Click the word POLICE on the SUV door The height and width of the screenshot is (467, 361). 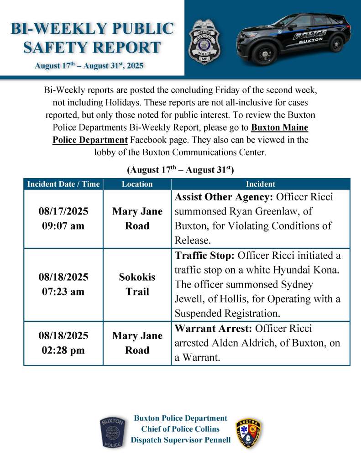click(309, 34)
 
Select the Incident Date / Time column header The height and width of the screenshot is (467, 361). click(63, 184)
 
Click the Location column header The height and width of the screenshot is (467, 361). click(137, 184)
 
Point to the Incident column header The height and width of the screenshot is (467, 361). click(261, 184)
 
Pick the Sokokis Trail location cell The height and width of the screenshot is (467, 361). click(137, 284)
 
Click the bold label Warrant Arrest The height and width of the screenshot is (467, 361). click(213, 328)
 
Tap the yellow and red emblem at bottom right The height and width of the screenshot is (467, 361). click(249, 433)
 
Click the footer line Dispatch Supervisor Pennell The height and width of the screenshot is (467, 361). click(180, 440)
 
